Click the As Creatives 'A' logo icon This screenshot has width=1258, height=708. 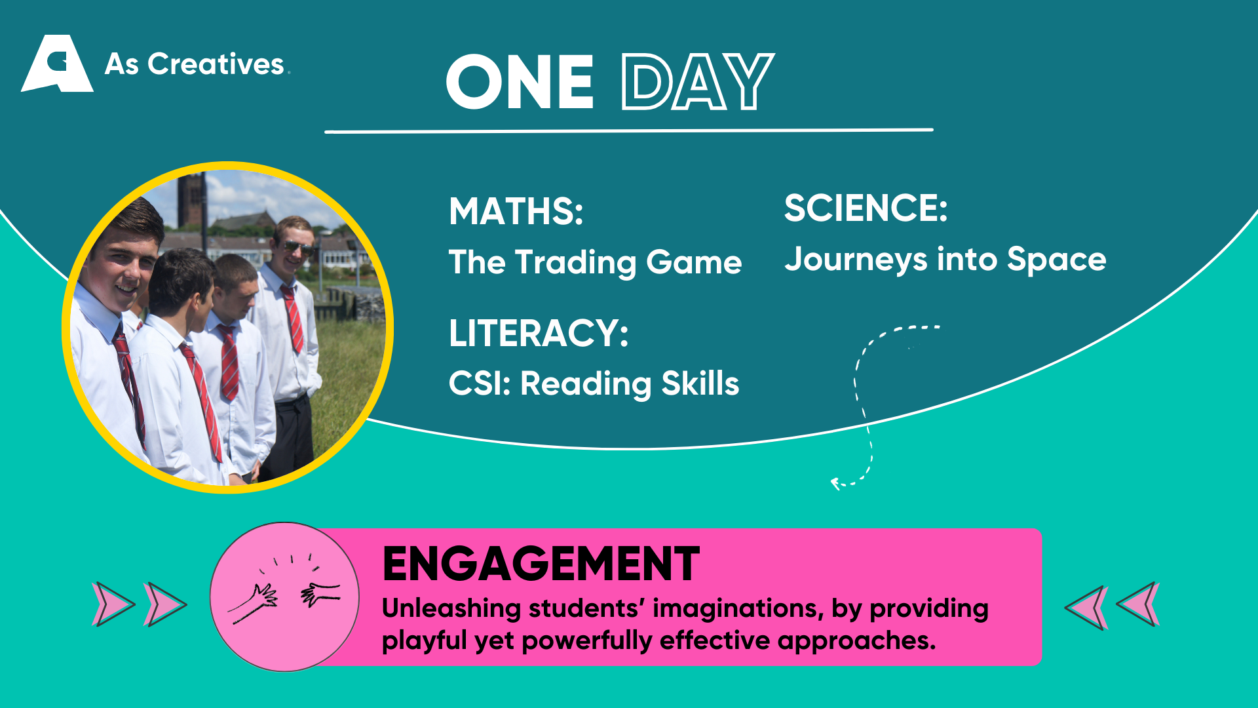58,64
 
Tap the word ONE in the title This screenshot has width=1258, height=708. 520,82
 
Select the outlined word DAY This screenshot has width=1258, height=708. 698,82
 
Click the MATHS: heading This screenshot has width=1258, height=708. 516,211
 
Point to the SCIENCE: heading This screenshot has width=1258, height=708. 866,208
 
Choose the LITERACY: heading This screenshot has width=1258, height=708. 539,333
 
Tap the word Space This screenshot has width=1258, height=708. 1056,260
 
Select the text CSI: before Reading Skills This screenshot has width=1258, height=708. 480,383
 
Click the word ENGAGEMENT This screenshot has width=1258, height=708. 541,564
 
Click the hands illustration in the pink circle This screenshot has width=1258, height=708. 284,588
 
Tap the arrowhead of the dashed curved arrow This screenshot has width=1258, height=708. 835,484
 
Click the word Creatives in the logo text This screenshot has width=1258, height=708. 216,64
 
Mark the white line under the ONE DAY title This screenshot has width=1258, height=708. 629,130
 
